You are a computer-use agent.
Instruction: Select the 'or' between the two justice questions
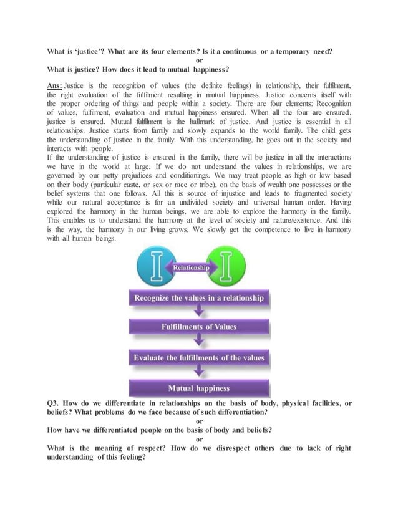[x=199, y=60]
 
